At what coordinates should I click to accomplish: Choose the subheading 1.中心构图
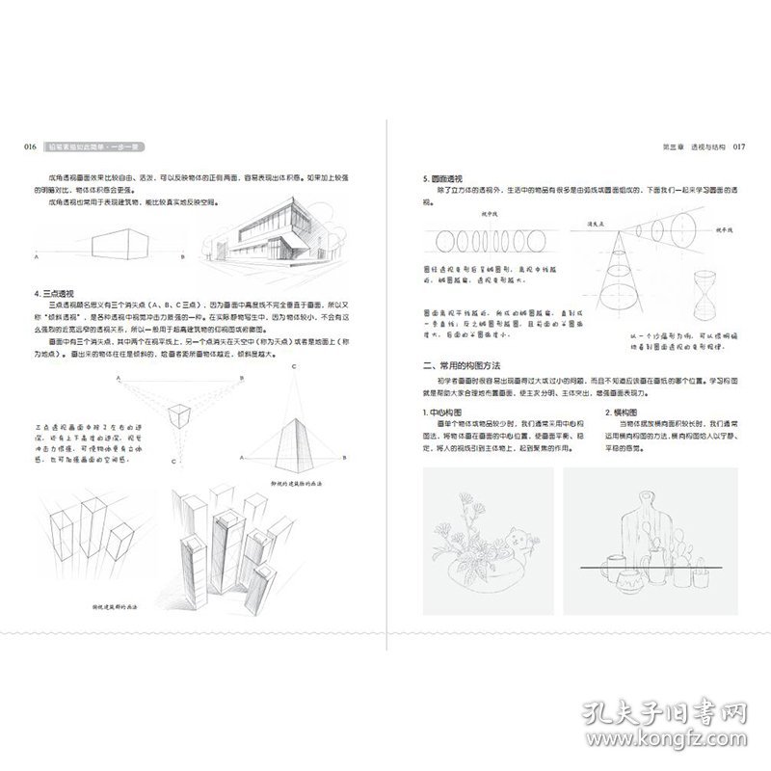444,412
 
